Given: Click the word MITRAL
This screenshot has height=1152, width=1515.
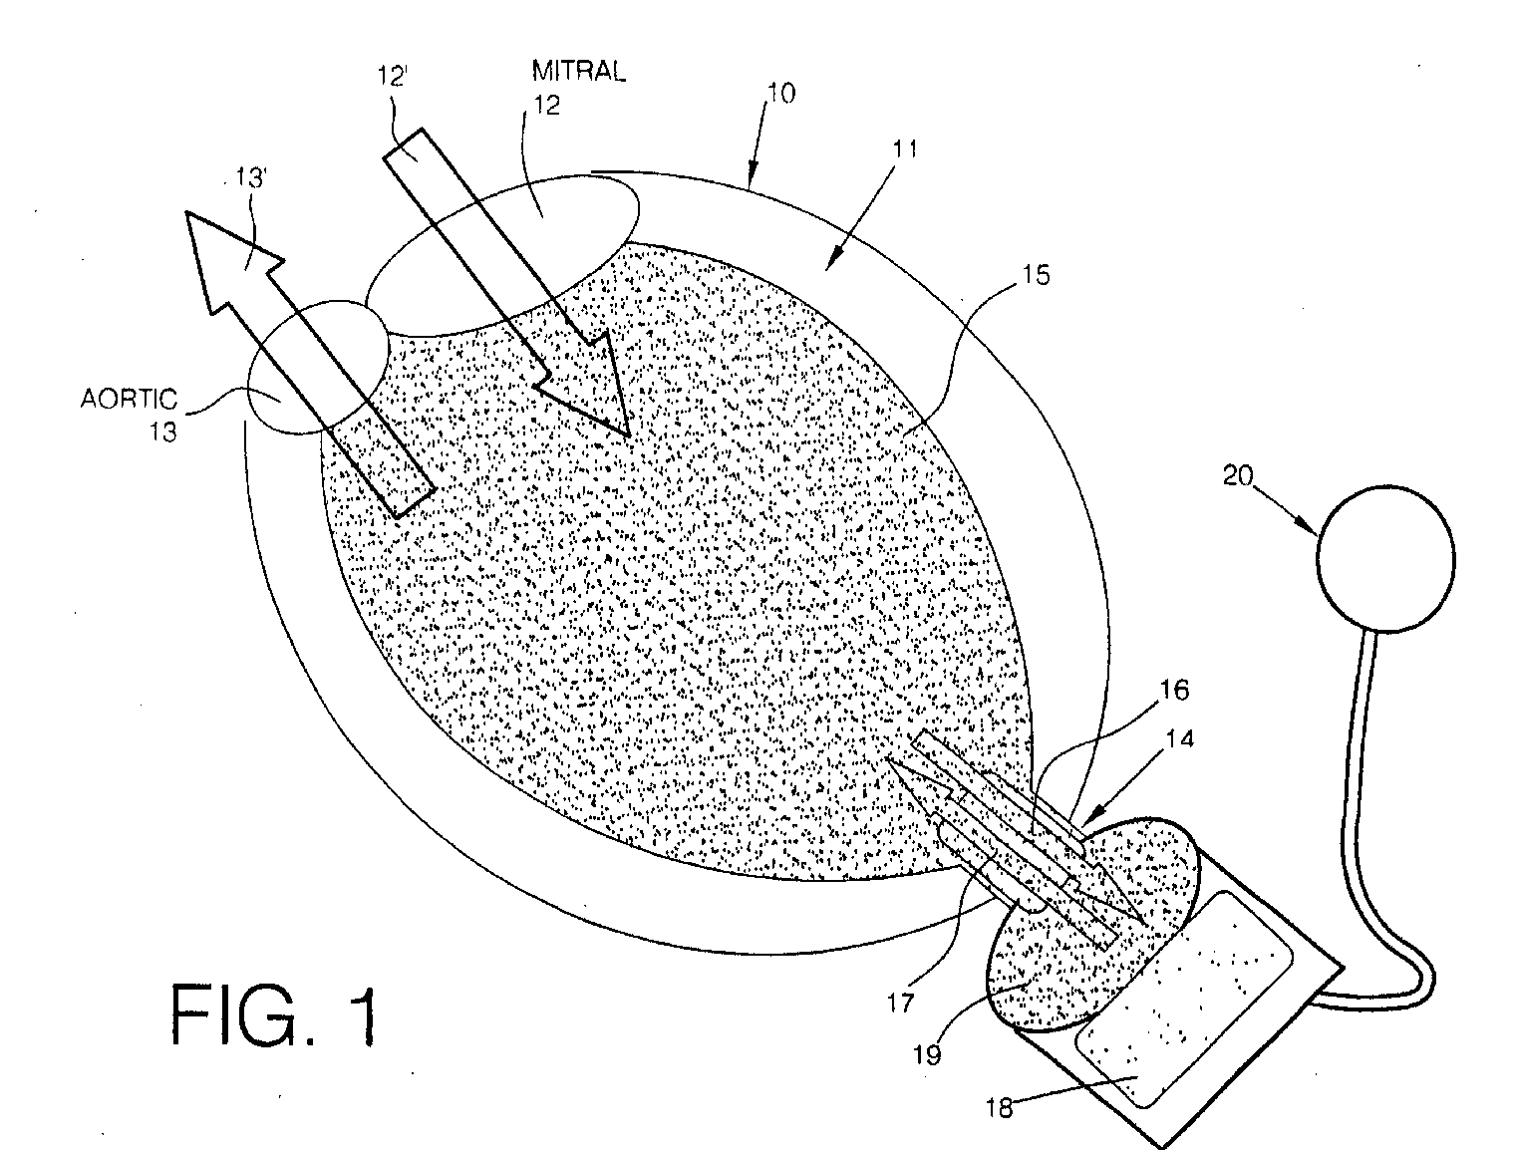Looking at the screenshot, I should point(578,73).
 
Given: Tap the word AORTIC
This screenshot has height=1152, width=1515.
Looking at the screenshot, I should point(129,401).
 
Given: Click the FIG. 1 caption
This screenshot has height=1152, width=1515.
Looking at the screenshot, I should point(275,1013).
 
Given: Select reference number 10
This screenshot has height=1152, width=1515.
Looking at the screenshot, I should point(780,94).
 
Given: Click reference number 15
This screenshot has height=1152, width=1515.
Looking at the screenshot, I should point(1037,275).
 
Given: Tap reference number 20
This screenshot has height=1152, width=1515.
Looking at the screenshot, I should point(1239,476).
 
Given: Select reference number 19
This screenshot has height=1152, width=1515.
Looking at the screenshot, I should point(928,1053).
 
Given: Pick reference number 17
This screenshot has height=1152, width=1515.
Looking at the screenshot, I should point(900,1001).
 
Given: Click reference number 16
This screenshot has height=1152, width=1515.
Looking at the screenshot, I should point(1172,690).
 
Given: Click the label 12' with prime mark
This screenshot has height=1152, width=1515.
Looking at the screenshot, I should point(392,77).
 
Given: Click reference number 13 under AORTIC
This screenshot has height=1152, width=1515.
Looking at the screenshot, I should point(163,432).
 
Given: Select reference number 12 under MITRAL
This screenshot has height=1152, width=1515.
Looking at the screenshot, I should point(546,106).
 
